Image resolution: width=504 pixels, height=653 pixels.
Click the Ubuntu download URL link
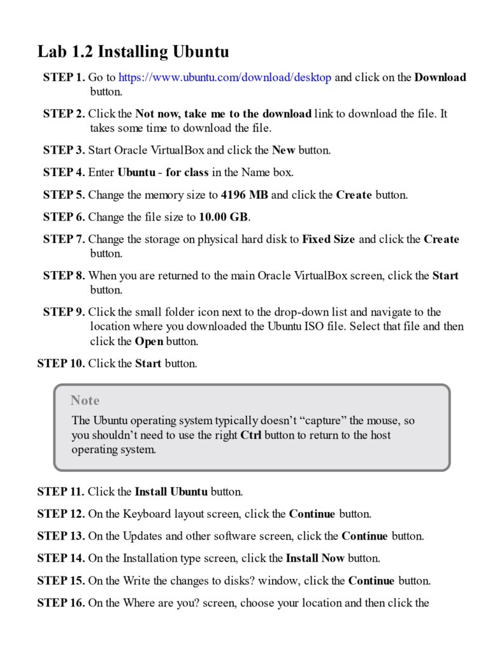click(x=225, y=78)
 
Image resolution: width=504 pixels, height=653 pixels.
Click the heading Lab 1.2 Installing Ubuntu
click(x=133, y=51)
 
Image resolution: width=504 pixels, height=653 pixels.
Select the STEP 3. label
click(x=64, y=150)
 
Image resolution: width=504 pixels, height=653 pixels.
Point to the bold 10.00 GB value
click(x=223, y=217)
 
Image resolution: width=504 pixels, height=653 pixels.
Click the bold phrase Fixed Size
click(x=328, y=239)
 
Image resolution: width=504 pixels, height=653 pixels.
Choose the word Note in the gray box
click(x=85, y=400)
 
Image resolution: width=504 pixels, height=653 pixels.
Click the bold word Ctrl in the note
click(x=251, y=435)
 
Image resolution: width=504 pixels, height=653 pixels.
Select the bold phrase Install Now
click(x=315, y=558)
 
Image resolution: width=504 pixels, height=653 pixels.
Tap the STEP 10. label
click(x=61, y=363)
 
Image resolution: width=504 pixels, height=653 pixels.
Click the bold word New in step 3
click(x=282, y=150)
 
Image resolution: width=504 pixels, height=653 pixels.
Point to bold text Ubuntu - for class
click(x=164, y=172)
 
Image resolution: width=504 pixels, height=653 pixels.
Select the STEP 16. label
click(x=61, y=603)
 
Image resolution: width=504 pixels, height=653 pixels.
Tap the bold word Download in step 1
click(x=440, y=78)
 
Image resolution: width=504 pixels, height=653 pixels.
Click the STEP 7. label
click(x=64, y=239)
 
